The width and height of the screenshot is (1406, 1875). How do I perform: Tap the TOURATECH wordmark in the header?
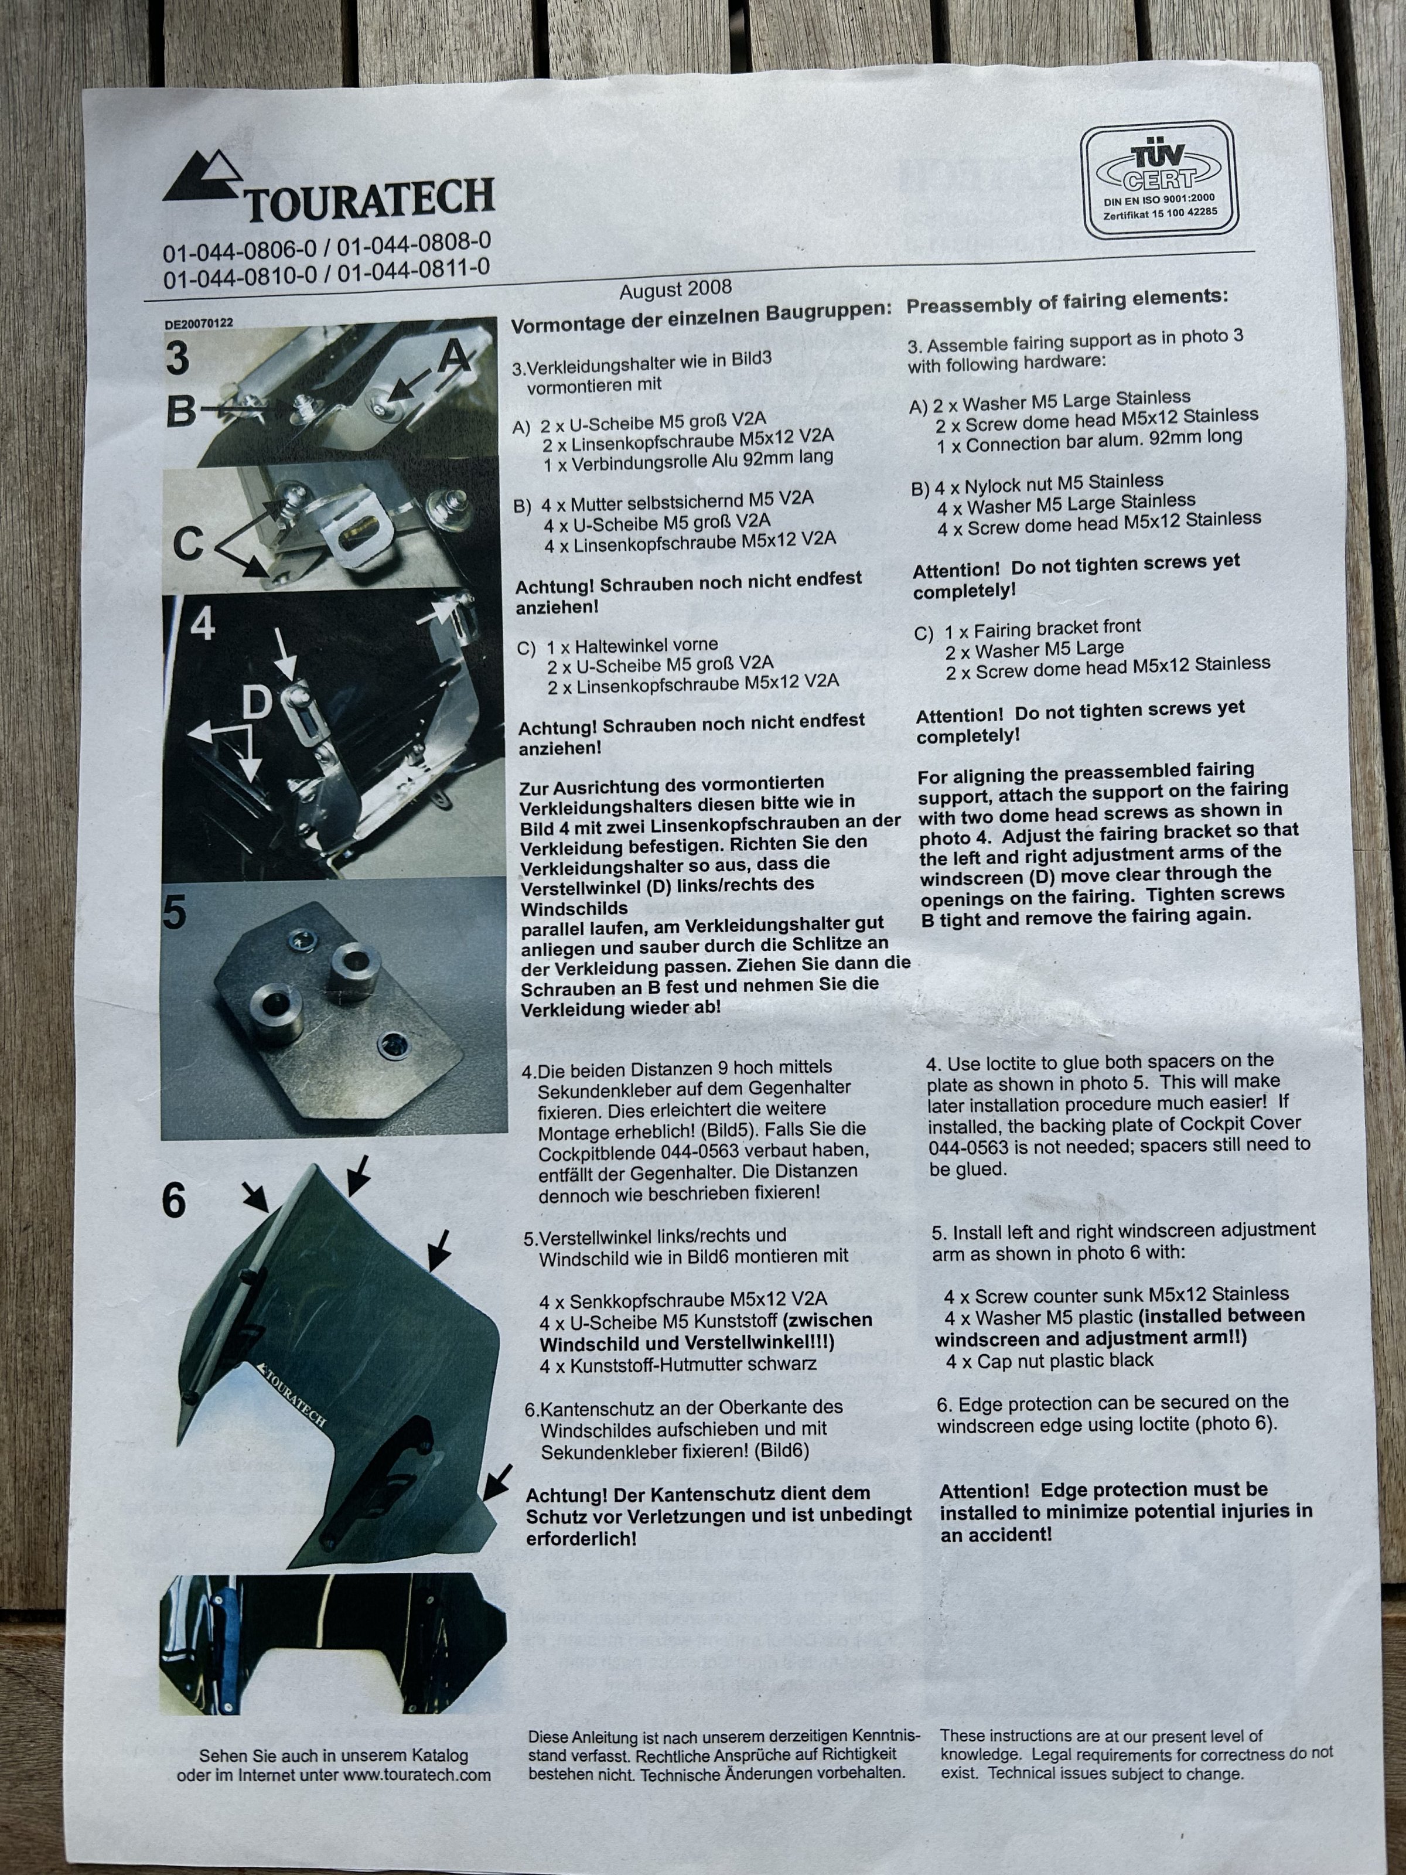[x=370, y=199]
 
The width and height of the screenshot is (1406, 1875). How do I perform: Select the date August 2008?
[x=675, y=290]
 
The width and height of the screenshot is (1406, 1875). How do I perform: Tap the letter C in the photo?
[x=188, y=544]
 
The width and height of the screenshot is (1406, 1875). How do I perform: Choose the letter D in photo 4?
[x=256, y=702]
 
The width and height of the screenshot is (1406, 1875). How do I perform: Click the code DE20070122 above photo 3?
[x=199, y=323]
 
